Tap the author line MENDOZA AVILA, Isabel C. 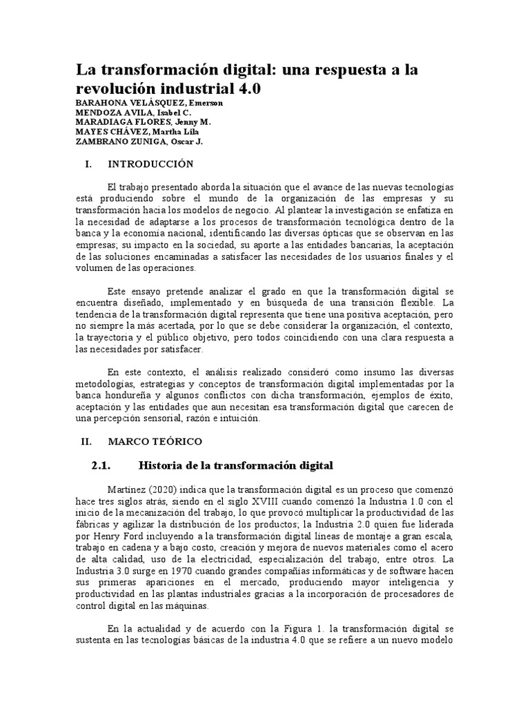point(133,112)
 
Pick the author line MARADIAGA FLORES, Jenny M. point(143,122)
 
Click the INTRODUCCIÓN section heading point(151,164)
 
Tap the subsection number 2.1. point(101,465)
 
